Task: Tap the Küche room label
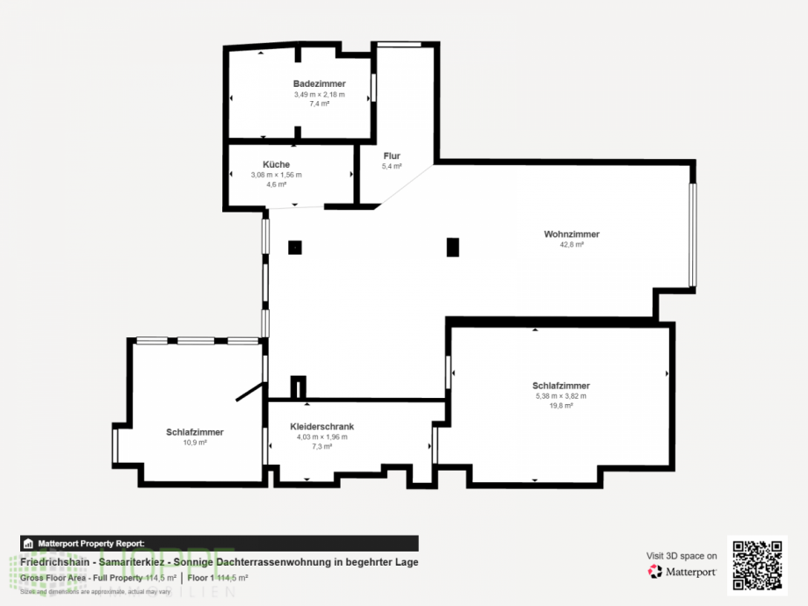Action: (x=276, y=164)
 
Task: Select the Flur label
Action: (x=392, y=155)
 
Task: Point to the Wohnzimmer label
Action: (x=571, y=234)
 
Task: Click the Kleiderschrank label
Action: (x=321, y=427)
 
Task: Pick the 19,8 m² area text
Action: (x=561, y=406)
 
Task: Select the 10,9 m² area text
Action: (x=194, y=443)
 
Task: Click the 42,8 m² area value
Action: (x=572, y=245)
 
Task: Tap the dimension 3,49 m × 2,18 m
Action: (x=319, y=94)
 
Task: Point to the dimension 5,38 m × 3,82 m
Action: (x=561, y=396)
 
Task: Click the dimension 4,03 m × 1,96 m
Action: (x=321, y=436)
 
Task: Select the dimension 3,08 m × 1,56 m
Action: (x=276, y=175)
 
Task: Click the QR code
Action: (x=757, y=566)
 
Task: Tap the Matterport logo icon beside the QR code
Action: (x=655, y=572)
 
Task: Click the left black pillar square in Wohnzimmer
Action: (x=295, y=248)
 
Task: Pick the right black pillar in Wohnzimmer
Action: (x=453, y=247)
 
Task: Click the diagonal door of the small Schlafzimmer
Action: (x=250, y=392)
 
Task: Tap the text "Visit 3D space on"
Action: (x=682, y=556)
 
